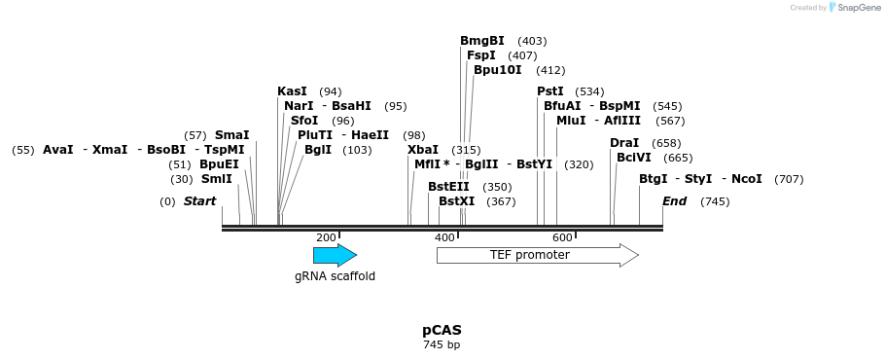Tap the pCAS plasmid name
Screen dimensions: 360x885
click(442, 330)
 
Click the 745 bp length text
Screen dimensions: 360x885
click(442, 345)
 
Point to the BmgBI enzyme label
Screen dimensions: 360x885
click(482, 41)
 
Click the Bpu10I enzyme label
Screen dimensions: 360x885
click(498, 70)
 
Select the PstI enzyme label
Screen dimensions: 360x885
click(550, 91)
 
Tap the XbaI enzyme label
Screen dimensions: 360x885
click(423, 150)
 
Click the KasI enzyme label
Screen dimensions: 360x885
click(292, 91)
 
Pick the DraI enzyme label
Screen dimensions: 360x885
click(624, 143)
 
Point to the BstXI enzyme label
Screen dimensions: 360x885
click(456, 201)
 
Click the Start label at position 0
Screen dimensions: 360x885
click(200, 201)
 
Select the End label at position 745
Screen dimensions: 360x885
click(675, 201)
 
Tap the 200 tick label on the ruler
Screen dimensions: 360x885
click(326, 237)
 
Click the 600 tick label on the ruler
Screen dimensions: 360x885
click(562, 237)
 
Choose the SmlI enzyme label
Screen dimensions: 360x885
click(217, 179)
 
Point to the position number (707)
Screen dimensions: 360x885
click(789, 179)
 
